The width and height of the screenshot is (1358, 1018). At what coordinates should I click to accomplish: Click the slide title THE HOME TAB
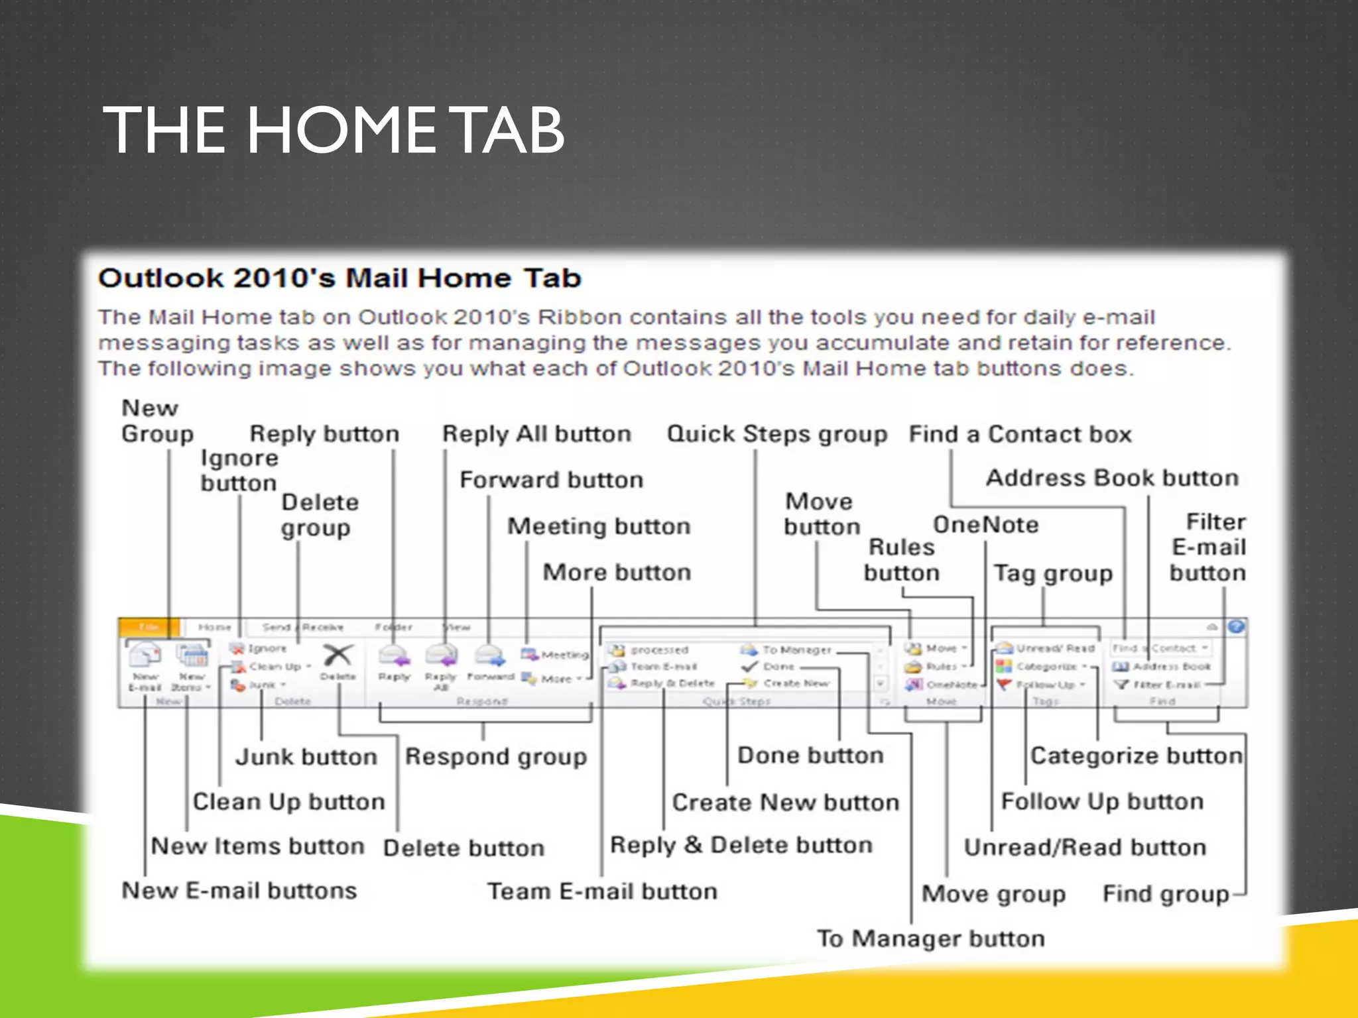click(334, 131)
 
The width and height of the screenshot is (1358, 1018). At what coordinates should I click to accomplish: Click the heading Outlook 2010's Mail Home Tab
click(339, 278)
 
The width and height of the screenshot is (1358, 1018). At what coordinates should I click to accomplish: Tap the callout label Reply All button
click(536, 434)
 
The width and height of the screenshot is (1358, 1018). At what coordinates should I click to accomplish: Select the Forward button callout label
click(551, 480)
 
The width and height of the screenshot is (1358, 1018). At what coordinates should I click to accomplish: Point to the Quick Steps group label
click(776, 434)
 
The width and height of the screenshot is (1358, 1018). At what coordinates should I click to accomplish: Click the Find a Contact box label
click(1020, 434)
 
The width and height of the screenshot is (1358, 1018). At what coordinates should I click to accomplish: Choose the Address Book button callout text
click(1112, 478)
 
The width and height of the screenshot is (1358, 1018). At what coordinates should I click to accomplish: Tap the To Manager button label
click(930, 938)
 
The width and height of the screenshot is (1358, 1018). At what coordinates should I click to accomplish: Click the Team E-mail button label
click(602, 891)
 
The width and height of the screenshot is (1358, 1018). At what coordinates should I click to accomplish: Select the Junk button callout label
click(306, 757)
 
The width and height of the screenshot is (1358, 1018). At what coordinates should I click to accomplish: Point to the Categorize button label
click(1136, 756)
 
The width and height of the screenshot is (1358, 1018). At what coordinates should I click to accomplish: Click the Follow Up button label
click(1102, 801)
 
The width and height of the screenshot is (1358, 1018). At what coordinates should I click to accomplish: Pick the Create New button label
click(786, 803)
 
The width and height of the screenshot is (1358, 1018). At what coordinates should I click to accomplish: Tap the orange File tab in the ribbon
click(149, 627)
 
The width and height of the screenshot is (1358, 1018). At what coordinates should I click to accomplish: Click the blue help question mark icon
click(1236, 627)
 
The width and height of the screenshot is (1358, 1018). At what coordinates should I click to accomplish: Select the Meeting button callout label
click(599, 526)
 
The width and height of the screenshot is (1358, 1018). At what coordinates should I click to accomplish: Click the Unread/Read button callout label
click(1085, 848)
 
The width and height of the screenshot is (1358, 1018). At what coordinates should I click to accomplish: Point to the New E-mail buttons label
click(239, 891)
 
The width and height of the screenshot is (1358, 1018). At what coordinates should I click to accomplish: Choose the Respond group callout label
click(496, 757)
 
